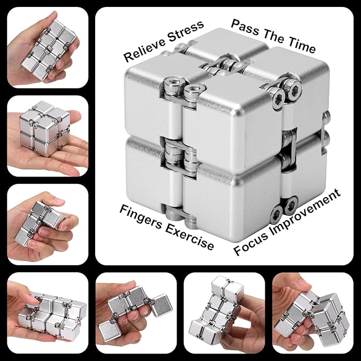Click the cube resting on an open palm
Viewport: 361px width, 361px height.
39,124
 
